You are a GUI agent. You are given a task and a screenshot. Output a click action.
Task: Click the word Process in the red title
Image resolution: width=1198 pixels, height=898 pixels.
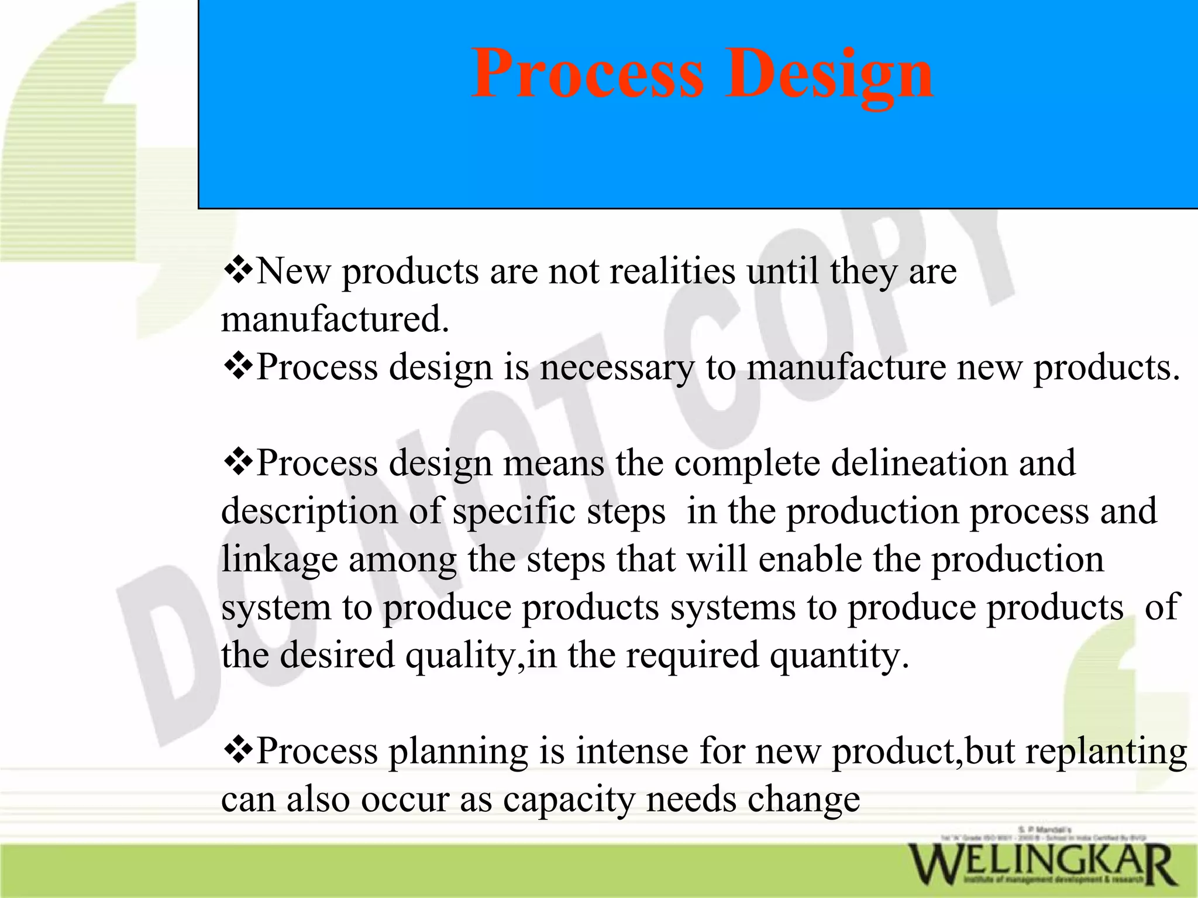pyautogui.click(x=587, y=75)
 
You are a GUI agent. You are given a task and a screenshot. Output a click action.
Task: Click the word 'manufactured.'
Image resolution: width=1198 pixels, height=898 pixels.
pyautogui.click(x=335, y=320)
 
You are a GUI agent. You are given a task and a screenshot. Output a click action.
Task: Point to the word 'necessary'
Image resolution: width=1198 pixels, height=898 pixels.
pyautogui.click(x=617, y=368)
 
